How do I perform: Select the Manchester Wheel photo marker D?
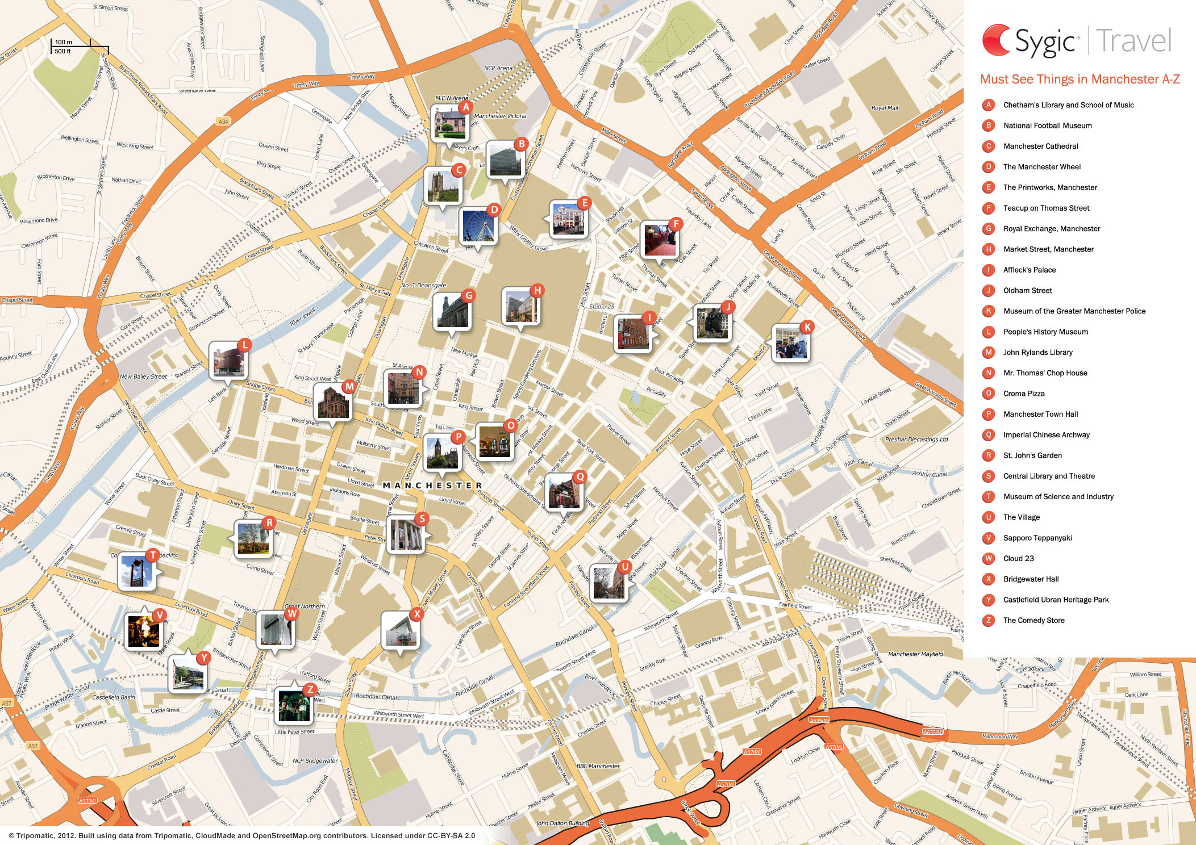(478, 225)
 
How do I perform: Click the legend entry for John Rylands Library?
(1037, 352)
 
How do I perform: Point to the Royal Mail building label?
(885, 108)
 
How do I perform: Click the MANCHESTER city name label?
(432, 486)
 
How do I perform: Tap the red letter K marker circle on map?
(807, 327)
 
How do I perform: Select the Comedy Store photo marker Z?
(293, 706)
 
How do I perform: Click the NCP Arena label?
(498, 68)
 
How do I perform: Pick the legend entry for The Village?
(1021, 517)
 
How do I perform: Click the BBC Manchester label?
(598, 766)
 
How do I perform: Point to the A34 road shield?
(223, 122)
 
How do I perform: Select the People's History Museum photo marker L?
(227, 360)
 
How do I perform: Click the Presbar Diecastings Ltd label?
(916, 440)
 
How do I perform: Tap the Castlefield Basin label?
(114, 697)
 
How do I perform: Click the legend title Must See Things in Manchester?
(1080, 80)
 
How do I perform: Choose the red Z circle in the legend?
(989, 620)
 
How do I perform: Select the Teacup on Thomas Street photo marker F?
(660, 239)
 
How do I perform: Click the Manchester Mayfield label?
(915, 654)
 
